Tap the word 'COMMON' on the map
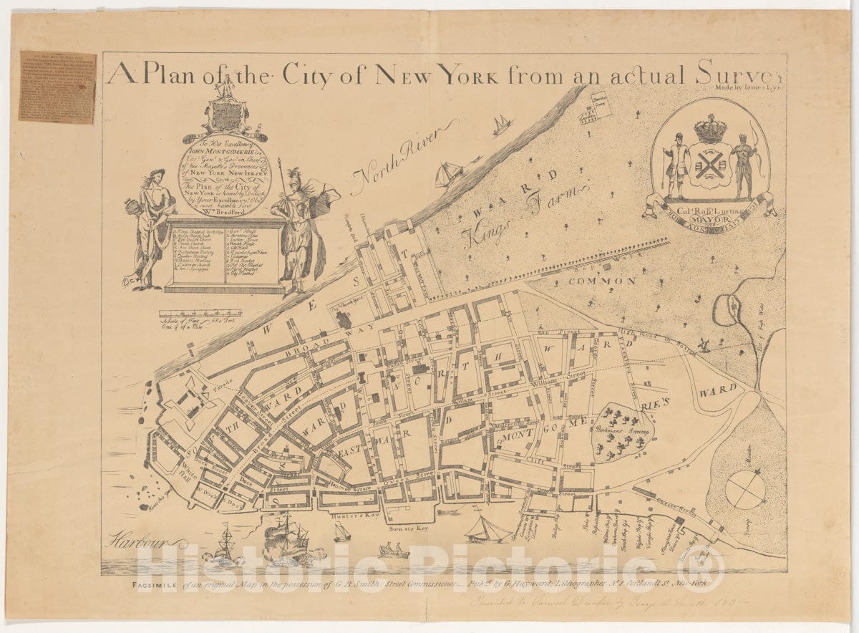click(602, 281)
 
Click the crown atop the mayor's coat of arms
click(711, 129)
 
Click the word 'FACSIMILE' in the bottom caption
click(157, 585)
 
